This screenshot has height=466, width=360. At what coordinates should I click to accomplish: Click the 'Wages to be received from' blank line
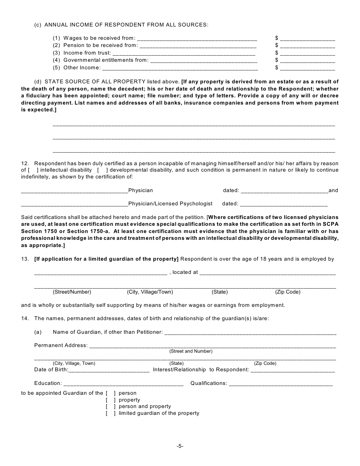[197, 38]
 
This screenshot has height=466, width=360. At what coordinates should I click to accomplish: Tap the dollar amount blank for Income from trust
[308, 53]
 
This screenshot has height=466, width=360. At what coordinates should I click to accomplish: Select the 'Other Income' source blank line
[180, 68]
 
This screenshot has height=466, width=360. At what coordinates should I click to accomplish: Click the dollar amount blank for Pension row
[308, 46]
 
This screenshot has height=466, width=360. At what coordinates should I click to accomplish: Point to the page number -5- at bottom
[180, 446]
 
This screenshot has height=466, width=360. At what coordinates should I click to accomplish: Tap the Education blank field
[123, 384]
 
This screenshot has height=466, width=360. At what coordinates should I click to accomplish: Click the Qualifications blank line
[281, 384]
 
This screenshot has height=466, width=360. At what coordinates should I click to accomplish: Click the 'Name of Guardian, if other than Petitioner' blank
[250, 333]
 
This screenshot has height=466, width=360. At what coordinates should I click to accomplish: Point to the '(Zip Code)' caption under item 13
[288, 292]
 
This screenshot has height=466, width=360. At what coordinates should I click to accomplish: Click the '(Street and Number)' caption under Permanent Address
[191, 351]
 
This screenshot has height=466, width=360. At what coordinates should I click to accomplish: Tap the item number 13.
[25, 259]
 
